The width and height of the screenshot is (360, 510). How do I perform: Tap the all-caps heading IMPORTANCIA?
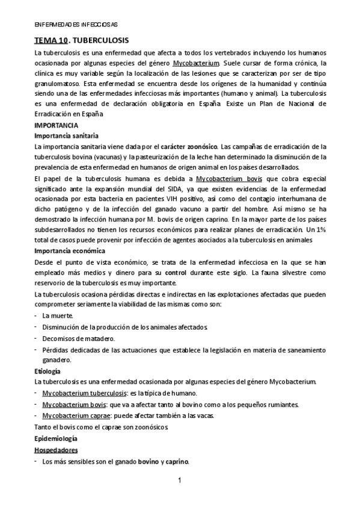point(56,126)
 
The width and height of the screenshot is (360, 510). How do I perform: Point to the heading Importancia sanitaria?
point(67,136)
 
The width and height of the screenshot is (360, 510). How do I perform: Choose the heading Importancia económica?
point(70,251)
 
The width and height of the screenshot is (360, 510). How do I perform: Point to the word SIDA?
point(190,189)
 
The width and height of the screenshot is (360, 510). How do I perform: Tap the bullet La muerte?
point(58,315)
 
